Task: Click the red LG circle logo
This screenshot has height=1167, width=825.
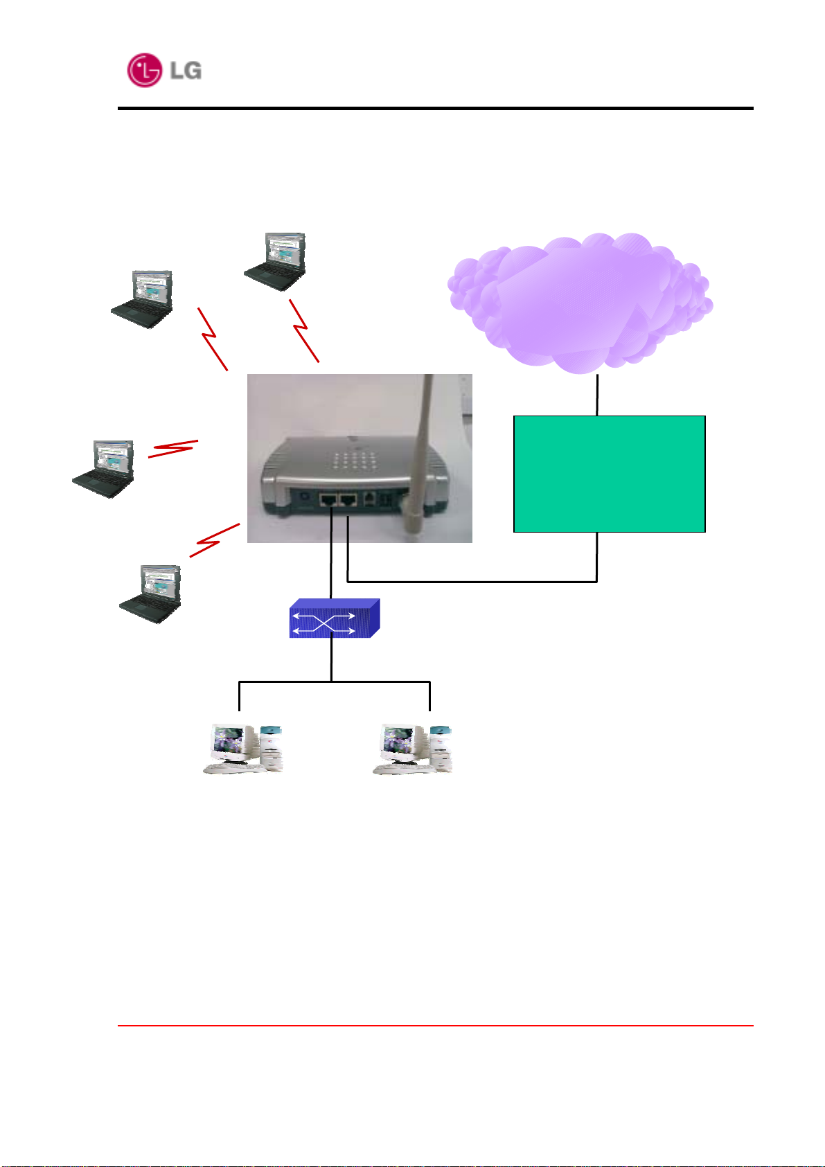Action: (x=144, y=70)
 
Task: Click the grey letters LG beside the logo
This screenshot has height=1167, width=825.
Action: (x=186, y=71)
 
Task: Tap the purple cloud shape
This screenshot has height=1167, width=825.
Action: (x=580, y=303)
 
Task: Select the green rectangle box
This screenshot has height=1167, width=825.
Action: (x=610, y=474)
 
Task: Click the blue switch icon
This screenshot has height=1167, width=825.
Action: (x=334, y=618)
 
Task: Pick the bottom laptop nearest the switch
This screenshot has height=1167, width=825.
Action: (x=150, y=594)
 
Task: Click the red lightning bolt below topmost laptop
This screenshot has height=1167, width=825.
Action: (x=304, y=330)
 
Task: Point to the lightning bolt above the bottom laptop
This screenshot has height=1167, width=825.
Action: (x=214, y=540)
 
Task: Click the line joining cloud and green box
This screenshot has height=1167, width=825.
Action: (x=597, y=395)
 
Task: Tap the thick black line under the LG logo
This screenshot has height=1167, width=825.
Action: (x=435, y=108)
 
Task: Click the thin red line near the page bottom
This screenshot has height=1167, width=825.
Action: (x=435, y=1025)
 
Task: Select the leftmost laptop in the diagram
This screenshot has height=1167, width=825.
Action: (x=103, y=469)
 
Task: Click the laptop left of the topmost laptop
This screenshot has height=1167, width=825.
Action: (x=142, y=299)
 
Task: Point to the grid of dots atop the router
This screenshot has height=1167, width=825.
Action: (x=355, y=460)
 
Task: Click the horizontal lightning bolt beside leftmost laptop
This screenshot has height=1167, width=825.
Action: (x=173, y=449)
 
